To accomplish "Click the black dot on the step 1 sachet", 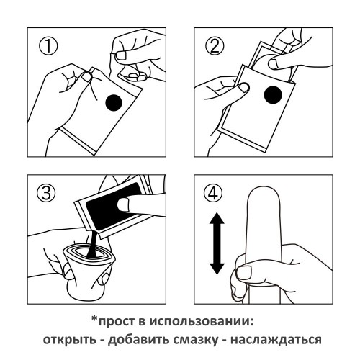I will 114,103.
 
